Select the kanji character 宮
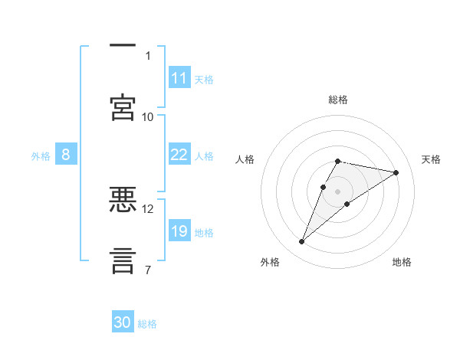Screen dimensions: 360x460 (x=123, y=107)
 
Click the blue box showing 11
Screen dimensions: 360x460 (x=179, y=78)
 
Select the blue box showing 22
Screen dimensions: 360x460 (x=179, y=155)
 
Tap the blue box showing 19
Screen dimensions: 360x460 (x=179, y=231)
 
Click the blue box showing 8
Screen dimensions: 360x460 (x=66, y=155)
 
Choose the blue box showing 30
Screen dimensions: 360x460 (x=123, y=322)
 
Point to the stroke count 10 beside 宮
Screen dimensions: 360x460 (x=148, y=116)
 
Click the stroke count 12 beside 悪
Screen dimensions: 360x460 (x=148, y=208)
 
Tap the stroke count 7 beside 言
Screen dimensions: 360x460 (x=148, y=270)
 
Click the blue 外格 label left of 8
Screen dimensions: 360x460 (x=41, y=155)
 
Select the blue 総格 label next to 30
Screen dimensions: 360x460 (x=147, y=323)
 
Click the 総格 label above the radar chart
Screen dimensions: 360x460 (x=338, y=100)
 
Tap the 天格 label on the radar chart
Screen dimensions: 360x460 (x=432, y=159)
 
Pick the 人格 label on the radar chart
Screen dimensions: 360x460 (x=245, y=159)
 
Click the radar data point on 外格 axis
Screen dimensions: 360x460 (x=302, y=242)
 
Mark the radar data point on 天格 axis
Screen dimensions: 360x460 (x=396, y=172)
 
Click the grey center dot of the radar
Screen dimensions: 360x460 (x=338, y=191)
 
